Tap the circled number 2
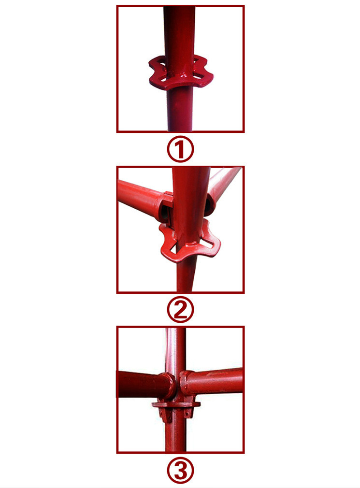coord(180,310)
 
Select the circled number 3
coord(180,470)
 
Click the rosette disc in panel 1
coord(181,73)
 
